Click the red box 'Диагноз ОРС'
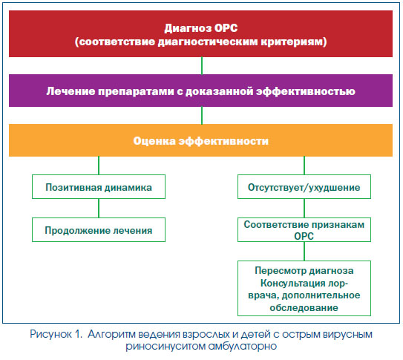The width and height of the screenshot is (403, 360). tap(200, 33)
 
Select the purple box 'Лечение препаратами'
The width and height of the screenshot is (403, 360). tap(200, 91)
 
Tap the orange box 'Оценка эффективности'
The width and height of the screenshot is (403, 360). tap(200, 140)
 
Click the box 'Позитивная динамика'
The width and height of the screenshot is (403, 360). tap(99, 187)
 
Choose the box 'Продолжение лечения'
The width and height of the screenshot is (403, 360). tap(99, 229)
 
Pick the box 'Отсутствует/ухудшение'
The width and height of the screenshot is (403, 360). tap(304, 187)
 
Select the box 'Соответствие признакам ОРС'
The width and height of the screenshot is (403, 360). tap(304, 229)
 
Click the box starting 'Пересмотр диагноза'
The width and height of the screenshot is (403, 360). tap(304, 288)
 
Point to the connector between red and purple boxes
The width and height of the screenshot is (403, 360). tap(202, 66)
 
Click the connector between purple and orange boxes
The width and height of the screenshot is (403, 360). tap(202, 115)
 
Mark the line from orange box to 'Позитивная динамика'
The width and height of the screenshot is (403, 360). tap(99, 166)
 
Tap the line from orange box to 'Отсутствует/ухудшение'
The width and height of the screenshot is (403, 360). tap(304, 166)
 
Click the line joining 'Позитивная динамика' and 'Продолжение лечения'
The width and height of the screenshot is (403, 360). tap(99, 208)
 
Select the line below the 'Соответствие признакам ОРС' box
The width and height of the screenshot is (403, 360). tap(304, 252)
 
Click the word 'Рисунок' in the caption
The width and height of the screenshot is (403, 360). tap(51, 335)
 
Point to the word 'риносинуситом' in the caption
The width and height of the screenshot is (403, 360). tap(165, 347)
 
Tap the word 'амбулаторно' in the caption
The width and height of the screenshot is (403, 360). tap(243, 346)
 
